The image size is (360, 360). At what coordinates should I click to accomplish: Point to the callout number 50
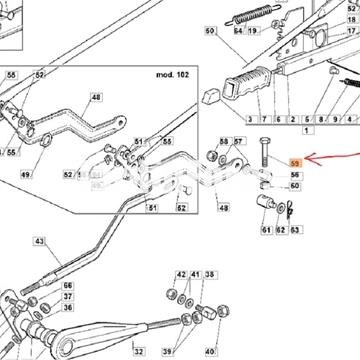[210, 31]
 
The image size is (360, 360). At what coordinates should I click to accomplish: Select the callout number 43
[39, 241]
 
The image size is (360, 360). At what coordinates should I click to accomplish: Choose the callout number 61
[267, 231]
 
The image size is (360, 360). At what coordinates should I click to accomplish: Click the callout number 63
[295, 231]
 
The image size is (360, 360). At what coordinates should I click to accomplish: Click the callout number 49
[25, 174]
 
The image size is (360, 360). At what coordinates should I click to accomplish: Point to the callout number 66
[68, 285]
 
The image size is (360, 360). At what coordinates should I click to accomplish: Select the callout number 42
[181, 273]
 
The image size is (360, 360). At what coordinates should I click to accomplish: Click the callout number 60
[294, 186]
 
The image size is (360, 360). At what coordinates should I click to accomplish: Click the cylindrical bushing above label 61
[267, 203]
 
